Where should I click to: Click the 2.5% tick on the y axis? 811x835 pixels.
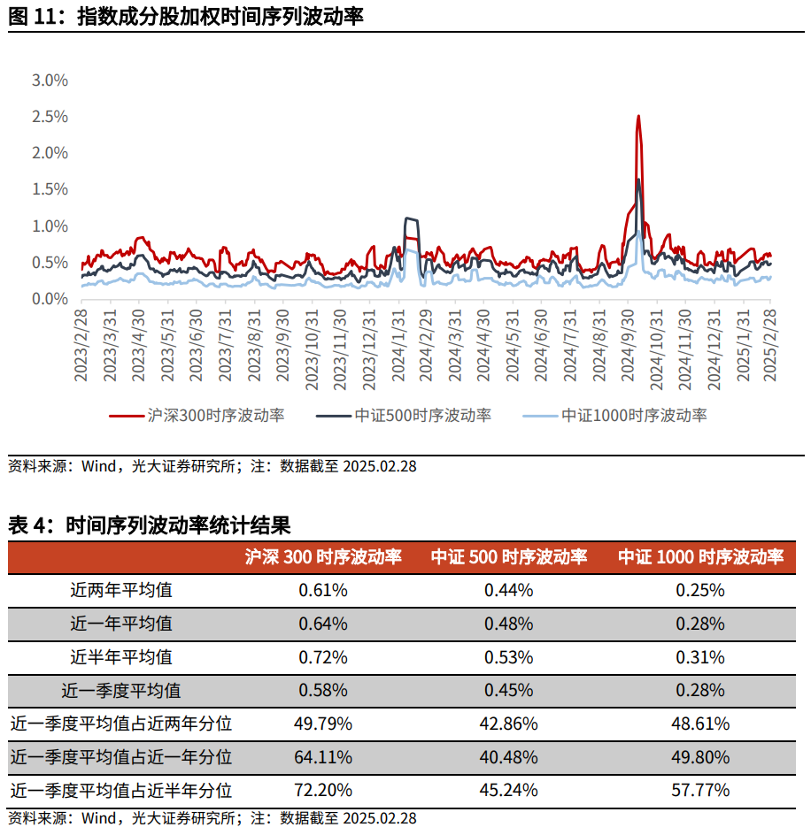coord(50,117)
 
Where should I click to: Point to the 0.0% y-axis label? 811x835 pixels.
coord(50,299)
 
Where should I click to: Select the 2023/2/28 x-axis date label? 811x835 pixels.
coord(81,345)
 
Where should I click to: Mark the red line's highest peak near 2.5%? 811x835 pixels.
coord(637,117)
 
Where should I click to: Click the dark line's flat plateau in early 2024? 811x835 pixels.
coord(411,218)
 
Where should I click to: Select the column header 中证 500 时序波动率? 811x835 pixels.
coord(508,557)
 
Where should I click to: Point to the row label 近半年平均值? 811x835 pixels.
coord(121,657)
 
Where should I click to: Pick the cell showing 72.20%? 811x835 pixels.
coord(322,790)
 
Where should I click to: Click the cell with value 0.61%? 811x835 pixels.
coord(322,590)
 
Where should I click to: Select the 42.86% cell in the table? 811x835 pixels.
coord(508,724)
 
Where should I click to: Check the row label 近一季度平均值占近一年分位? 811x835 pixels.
coord(121,757)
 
